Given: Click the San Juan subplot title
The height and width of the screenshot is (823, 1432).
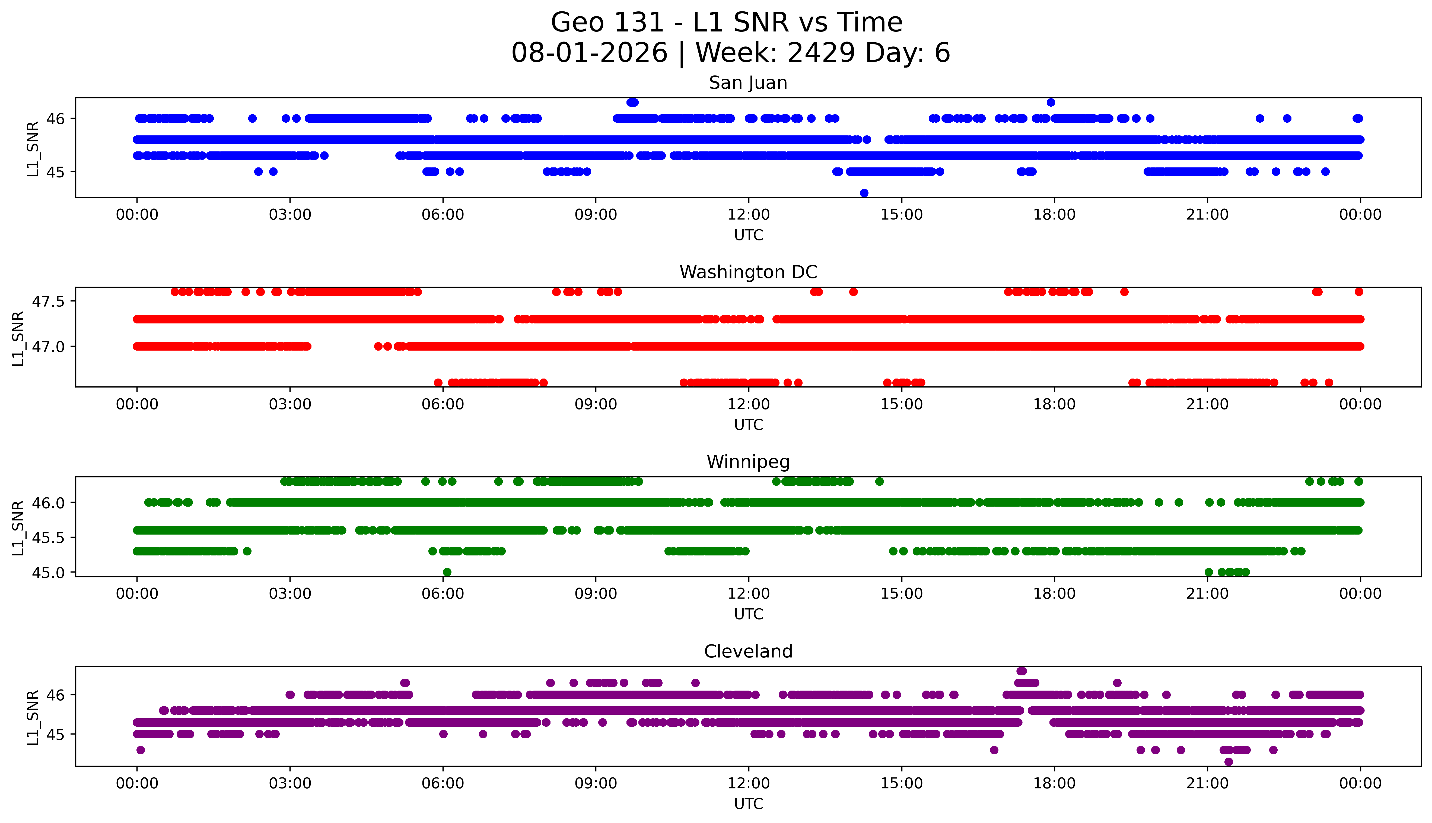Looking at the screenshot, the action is click(x=748, y=83).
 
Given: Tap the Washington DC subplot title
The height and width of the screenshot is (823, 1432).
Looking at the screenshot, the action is click(x=748, y=272).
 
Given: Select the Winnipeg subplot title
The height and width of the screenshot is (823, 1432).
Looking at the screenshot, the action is click(x=748, y=462).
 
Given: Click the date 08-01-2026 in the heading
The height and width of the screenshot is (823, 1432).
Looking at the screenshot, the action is click(x=589, y=53).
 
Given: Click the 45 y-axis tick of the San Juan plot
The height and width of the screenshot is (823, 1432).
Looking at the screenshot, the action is click(x=56, y=172).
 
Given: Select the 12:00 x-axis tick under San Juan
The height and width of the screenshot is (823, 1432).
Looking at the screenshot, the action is click(x=749, y=215).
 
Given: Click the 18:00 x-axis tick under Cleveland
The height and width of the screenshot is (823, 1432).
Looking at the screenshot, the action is click(x=1055, y=783).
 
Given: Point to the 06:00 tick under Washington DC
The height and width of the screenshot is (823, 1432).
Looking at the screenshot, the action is click(x=443, y=404).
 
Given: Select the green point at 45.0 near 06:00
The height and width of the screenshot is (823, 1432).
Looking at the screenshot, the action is click(x=447, y=572).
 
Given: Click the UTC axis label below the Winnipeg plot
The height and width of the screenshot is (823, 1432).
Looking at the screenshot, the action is click(x=749, y=614).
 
